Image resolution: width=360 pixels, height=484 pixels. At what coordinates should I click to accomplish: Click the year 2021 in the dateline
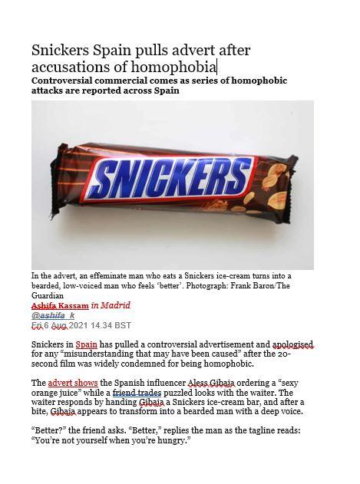coord(78,324)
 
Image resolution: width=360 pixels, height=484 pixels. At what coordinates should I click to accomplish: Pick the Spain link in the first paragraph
coord(86,345)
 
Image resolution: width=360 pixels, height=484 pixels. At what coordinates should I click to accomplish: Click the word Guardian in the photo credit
coord(50,294)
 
